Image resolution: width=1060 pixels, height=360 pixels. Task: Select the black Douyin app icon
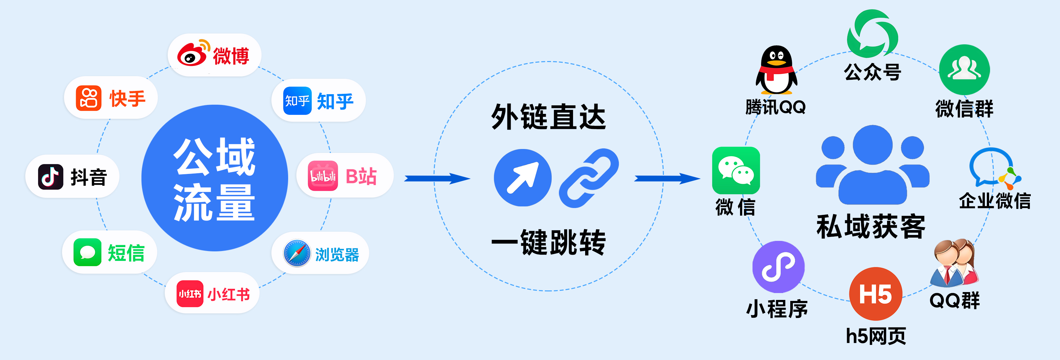coord(51,177)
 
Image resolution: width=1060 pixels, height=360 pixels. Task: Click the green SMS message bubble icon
coord(87,252)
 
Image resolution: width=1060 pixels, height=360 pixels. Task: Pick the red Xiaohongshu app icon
coord(190,294)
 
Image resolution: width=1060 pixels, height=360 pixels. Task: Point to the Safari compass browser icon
coord(297,253)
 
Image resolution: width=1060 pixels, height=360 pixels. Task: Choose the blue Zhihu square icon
coord(297,101)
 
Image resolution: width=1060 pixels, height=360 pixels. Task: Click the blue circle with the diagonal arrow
coord(522,178)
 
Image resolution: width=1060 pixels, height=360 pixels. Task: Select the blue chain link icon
coord(589,178)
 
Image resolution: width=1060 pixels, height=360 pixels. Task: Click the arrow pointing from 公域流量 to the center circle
coord(437,178)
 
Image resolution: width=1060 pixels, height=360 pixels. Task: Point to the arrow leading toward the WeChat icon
coord(667,178)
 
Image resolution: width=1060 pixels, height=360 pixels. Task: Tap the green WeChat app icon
coord(736,170)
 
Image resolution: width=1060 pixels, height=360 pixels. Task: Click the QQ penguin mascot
coord(776,70)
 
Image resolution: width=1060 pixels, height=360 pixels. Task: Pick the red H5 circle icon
coord(876,294)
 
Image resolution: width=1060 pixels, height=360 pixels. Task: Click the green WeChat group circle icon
coord(964,70)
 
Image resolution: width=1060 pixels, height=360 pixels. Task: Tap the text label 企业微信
coord(995,201)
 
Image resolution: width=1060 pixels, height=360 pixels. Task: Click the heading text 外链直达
coord(548,117)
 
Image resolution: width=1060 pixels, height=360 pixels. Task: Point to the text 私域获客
coord(871,226)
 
